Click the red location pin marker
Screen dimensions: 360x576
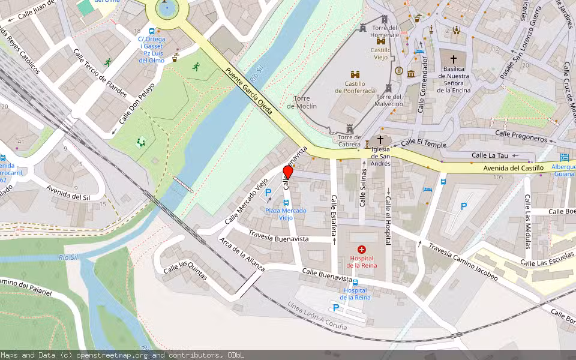click(288, 172)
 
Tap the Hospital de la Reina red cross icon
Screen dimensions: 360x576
click(361, 249)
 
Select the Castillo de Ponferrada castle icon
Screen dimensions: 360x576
click(355, 74)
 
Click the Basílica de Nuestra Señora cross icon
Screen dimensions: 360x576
click(453, 59)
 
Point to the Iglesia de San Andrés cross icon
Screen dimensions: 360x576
click(380, 139)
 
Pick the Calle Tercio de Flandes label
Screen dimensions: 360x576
click(100, 73)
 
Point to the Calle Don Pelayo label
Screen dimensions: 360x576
click(136, 103)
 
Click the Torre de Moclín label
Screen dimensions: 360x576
click(305, 102)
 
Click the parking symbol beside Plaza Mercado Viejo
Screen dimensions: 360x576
click(268, 192)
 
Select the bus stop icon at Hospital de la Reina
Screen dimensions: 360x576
click(355, 282)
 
